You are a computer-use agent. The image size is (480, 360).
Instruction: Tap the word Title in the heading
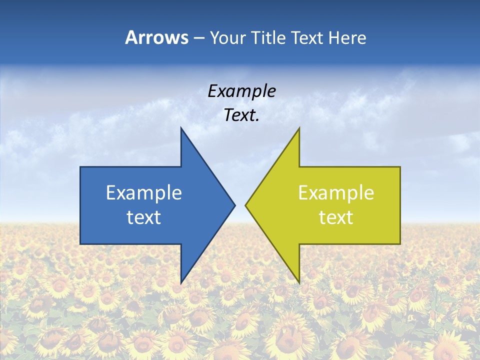click(269, 38)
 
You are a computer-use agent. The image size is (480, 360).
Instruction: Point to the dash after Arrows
click(198, 38)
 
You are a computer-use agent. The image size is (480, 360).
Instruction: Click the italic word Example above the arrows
click(242, 91)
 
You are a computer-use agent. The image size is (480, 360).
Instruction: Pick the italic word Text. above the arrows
click(242, 115)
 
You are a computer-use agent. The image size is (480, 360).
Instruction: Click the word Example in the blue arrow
click(144, 193)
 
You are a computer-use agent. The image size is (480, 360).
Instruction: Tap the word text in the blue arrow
click(144, 217)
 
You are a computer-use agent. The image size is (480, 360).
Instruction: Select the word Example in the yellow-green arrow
click(336, 193)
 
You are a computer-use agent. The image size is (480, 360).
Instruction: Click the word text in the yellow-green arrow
click(336, 217)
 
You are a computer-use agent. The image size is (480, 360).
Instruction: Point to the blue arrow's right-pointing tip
click(234, 205)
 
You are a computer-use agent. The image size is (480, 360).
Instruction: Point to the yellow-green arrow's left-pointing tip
click(246, 205)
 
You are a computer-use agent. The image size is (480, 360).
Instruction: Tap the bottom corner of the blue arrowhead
click(181, 282)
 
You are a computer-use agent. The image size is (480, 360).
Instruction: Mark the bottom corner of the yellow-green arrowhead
click(299, 282)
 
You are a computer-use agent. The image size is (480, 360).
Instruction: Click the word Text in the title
click(308, 38)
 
